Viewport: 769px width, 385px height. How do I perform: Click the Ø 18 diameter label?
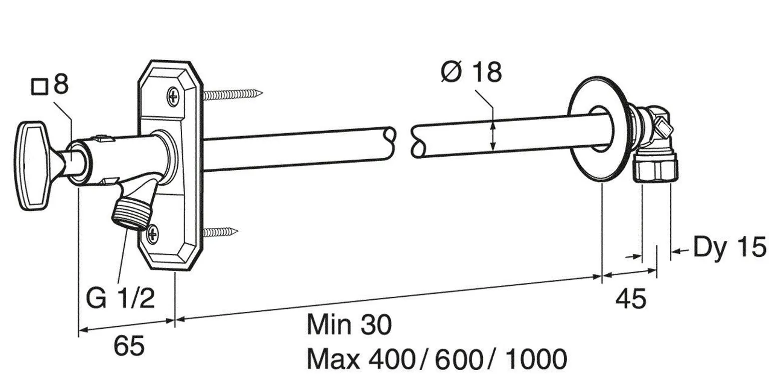click(x=471, y=73)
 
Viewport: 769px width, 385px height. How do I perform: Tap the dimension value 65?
click(x=129, y=346)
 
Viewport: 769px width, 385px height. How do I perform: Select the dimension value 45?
click(x=630, y=299)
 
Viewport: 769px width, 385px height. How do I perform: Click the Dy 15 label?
click(x=729, y=248)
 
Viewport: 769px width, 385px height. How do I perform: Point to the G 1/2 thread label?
click(x=120, y=299)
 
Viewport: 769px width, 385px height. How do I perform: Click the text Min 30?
click(x=349, y=325)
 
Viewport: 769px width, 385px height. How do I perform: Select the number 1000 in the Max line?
click(x=535, y=359)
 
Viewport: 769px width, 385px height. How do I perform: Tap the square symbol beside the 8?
click(x=39, y=87)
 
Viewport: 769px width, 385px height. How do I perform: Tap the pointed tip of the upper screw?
click(x=261, y=92)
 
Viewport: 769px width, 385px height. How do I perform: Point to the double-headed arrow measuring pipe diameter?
click(x=494, y=135)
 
